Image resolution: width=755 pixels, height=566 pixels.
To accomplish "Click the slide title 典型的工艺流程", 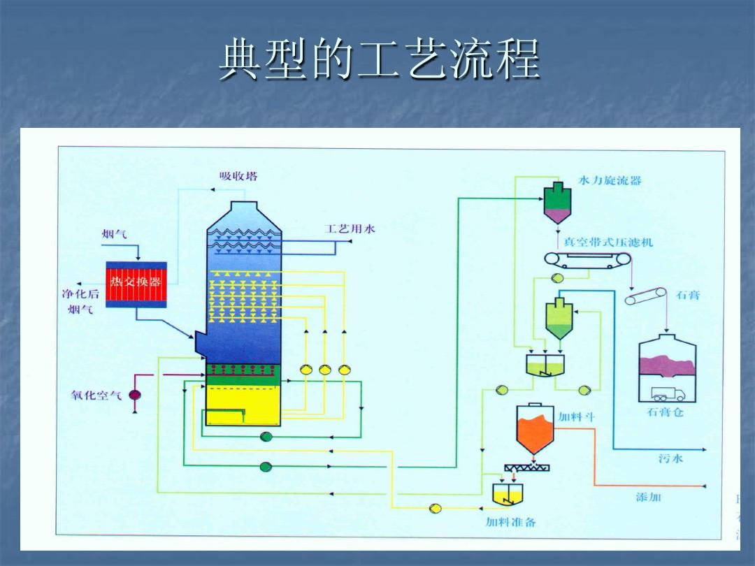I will tap(378, 61).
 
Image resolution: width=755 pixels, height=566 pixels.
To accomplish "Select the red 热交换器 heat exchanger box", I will tap(136, 284).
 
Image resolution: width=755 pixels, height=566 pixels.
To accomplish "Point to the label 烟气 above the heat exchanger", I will tap(115, 233).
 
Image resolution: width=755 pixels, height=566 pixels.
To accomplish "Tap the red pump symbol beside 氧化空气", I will tap(134, 395).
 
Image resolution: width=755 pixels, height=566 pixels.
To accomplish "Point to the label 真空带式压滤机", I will tap(608, 242).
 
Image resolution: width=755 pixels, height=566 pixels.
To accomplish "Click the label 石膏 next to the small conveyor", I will tap(688, 295).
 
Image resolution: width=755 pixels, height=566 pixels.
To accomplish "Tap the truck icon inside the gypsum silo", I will tap(668, 394).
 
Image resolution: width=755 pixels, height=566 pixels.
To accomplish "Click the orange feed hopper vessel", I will tap(535, 427).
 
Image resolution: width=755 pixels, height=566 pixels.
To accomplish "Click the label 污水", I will tap(670, 458).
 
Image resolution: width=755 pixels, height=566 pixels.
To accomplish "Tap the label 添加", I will tap(647, 497).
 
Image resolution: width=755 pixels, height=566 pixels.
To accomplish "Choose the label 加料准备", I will tap(511, 522).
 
